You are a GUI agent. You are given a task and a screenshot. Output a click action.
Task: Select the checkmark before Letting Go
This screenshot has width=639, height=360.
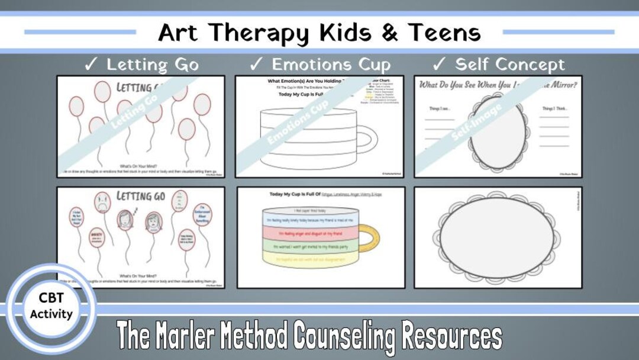coord(91,64)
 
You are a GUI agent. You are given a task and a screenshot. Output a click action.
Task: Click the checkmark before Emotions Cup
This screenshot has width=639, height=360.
coord(256,64)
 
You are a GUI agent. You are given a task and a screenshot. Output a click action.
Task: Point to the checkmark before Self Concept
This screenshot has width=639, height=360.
coord(439,64)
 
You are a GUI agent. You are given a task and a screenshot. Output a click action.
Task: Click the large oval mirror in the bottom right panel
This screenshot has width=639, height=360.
coord(498,237)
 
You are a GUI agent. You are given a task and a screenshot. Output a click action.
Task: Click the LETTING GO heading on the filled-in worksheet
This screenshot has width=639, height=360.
coord(140,196)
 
